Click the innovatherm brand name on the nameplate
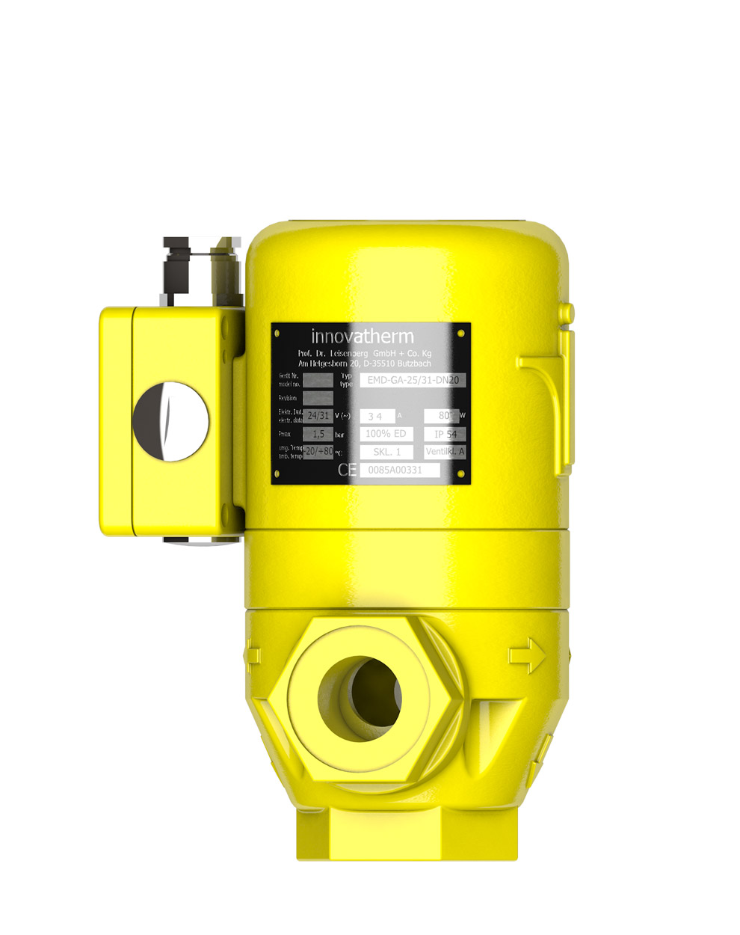362,336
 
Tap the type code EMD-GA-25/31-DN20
413,380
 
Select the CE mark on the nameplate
347,470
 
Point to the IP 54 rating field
445,434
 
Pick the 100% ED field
386,434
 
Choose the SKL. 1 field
386,452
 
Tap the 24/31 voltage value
318,415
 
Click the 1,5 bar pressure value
318,434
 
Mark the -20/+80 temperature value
318,451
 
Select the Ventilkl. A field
445,452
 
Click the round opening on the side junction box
170,421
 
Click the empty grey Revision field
318,397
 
